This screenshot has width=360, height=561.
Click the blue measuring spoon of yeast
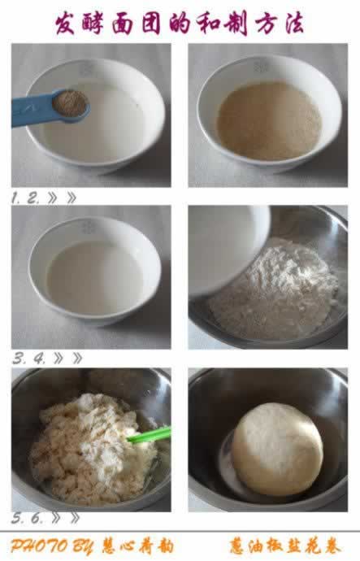click(x=50, y=107)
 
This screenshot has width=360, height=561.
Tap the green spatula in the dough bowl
click(x=150, y=435)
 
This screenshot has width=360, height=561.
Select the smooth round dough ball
click(x=277, y=449)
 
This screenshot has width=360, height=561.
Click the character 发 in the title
click(x=66, y=24)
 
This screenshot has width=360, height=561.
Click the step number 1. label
click(x=15, y=198)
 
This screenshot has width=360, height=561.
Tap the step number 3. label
click(x=18, y=359)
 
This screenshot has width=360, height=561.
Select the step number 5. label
click(x=17, y=519)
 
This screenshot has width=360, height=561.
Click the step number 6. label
click(x=36, y=519)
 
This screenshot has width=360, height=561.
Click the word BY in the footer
click(x=84, y=546)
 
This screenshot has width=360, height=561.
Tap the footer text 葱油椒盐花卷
click(x=285, y=546)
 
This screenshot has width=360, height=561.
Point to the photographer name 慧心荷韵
click(x=138, y=546)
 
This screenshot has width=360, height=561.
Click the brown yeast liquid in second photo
click(x=269, y=121)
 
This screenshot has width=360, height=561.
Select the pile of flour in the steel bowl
click(x=275, y=289)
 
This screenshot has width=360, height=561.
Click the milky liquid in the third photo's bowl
click(x=95, y=277)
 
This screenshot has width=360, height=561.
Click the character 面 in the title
click(x=124, y=24)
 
